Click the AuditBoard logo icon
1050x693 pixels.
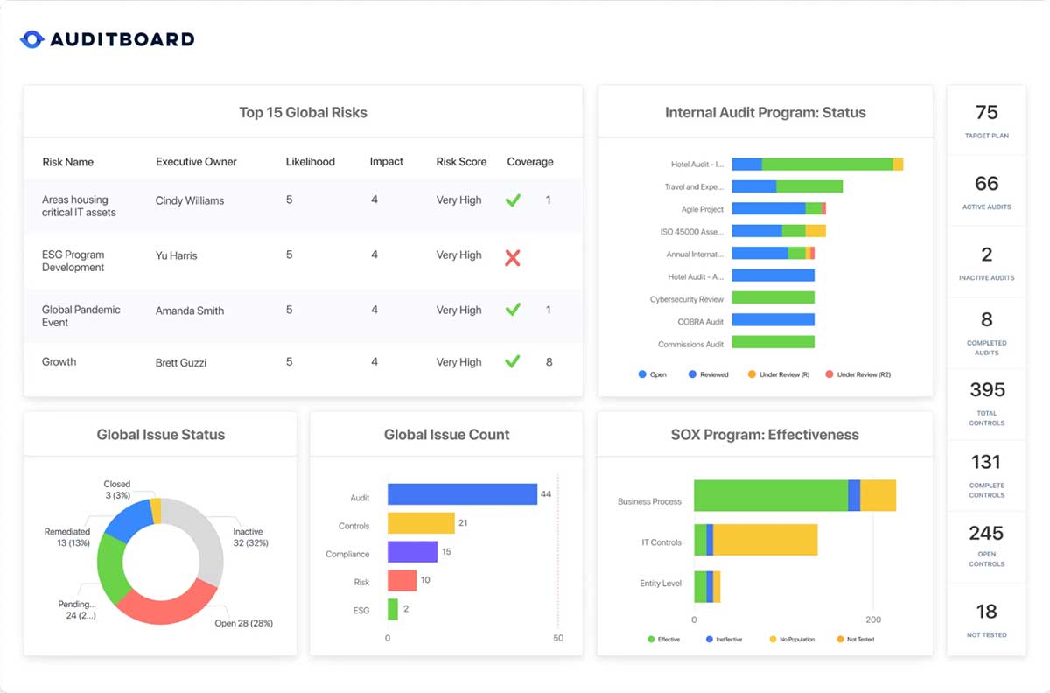(x=31, y=39)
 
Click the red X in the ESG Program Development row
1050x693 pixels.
(x=513, y=257)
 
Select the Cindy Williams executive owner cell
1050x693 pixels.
(x=190, y=200)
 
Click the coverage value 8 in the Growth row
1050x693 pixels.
(x=549, y=361)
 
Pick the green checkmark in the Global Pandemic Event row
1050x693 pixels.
(x=513, y=310)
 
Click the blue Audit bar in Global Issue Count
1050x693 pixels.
(x=462, y=494)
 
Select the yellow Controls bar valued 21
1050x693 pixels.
(x=421, y=523)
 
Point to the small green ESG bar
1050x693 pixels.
(x=393, y=609)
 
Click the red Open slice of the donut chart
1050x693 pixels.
(x=166, y=605)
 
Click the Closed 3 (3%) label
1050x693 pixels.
(x=116, y=489)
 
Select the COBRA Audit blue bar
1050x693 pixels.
(x=773, y=320)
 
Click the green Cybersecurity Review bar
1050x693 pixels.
(x=773, y=297)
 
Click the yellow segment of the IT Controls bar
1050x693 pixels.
(x=765, y=540)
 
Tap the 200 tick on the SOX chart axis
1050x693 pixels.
(x=873, y=619)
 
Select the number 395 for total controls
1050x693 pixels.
(x=987, y=390)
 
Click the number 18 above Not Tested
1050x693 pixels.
(x=987, y=612)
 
